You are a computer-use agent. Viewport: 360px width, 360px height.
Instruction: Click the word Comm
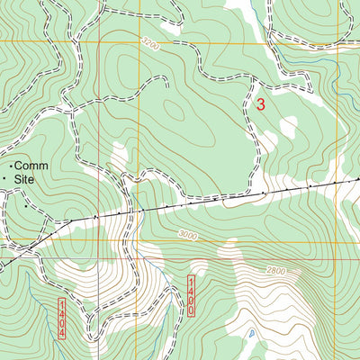(x=31, y=166)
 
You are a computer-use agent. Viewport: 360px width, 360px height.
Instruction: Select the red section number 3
(x=261, y=104)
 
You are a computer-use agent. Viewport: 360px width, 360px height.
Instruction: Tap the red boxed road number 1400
(x=191, y=296)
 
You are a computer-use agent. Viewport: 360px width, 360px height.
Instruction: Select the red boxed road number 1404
(x=62, y=319)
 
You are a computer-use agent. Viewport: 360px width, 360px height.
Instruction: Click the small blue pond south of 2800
(x=253, y=335)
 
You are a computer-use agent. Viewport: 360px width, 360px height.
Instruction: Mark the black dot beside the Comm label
(x=11, y=166)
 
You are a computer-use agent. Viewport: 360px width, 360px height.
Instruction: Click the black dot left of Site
(x=4, y=180)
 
